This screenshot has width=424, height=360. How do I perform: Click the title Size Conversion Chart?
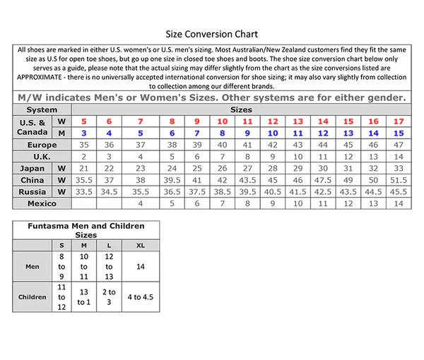211,33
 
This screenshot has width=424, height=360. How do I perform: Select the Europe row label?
42,145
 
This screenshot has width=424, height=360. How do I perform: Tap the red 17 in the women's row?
399,121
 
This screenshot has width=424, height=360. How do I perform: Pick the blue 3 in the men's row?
83,133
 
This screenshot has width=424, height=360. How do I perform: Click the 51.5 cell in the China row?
399,179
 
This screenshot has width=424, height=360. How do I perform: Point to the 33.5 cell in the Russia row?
83,191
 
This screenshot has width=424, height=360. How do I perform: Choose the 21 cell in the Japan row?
83,168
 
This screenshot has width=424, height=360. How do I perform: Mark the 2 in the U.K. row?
83,156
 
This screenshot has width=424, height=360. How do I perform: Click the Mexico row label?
42,203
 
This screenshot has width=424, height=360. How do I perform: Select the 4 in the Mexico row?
141,203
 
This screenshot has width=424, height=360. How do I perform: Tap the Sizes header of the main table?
240,110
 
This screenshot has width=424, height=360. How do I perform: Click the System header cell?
42,110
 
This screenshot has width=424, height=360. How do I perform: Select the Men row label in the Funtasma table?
32,267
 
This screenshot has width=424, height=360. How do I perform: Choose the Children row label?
32,297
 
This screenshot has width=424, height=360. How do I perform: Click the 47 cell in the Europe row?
399,145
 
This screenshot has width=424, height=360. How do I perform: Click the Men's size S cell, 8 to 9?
62,267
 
